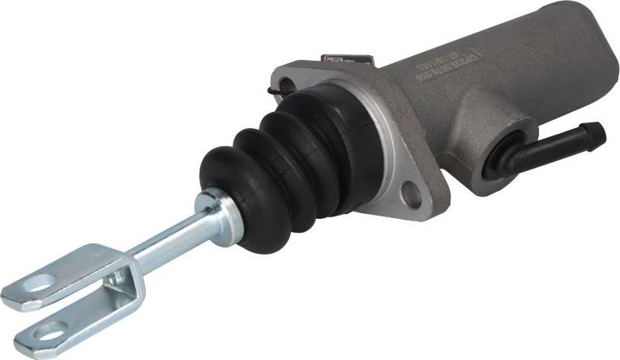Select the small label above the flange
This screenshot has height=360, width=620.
[x=346, y=60]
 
